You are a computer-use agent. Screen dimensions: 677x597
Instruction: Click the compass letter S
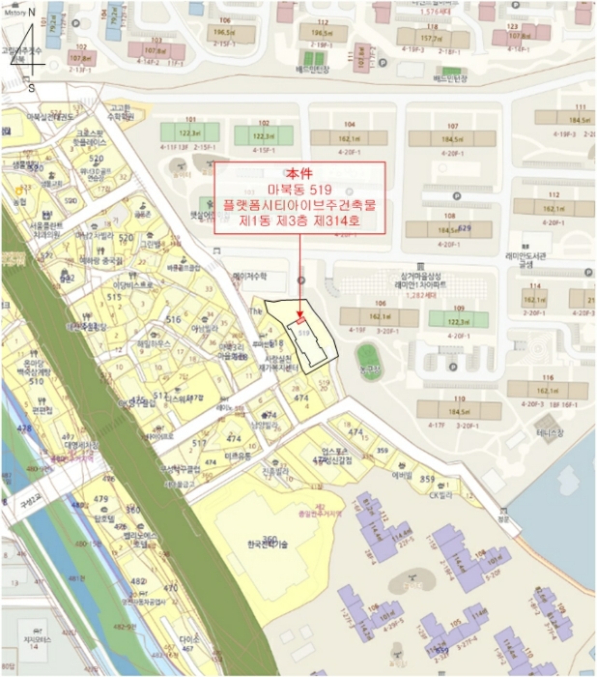(x=31, y=87)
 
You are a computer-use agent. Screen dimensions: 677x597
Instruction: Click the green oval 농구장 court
(x=366, y=355)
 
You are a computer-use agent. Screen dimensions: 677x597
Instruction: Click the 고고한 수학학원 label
(x=121, y=113)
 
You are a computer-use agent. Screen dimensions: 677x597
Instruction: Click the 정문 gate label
(x=500, y=516)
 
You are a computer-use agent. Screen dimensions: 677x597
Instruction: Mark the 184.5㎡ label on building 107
(x=452, y=140)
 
